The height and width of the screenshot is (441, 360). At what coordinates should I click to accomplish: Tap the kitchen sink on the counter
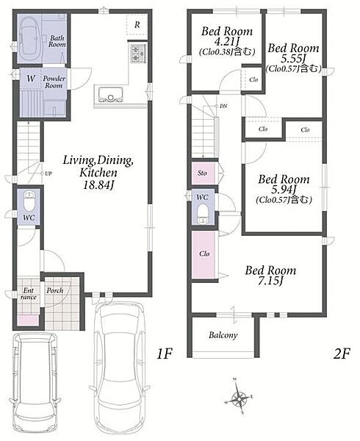pyautogui.click(x=110, y=95)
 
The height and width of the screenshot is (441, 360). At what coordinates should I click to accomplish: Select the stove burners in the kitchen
pyautogui.click(x=135, y=54)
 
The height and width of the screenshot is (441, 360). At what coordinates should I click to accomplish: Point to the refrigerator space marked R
pyautogui.click(x=137, y=25)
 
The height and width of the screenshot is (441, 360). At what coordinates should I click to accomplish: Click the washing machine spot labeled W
pyautogui.click(x=31, y=79)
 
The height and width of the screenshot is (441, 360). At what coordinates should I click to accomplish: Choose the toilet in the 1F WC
pyautogui.click(x=29, y=201)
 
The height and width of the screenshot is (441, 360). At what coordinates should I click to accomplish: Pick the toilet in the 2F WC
pyautogui.click(x=202, y=213)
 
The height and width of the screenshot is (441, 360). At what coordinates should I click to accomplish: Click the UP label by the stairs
pyautogui.click(x=48, y=173)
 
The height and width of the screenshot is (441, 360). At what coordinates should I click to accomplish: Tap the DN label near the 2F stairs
pyautogui.click(x=223, y=106)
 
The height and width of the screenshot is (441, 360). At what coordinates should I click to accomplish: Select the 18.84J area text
pyautogui.click(x=98, y=184)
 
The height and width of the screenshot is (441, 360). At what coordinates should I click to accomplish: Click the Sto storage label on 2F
pyautogui.click(x=202, y=173)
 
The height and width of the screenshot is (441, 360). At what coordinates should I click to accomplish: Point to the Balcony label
pyautogui.click(x=223, y=335)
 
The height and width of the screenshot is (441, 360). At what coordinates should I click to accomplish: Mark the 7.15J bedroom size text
pyautogui.click(x=270, y=281)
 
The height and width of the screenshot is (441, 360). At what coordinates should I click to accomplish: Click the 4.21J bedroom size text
pyautogui.click(x=226, y=42)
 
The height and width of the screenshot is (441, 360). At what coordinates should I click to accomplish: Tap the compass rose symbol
pyautogui.click(x=239, y=398)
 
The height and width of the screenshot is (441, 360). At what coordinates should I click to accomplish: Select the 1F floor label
pyautogui.click(x=164, y=354)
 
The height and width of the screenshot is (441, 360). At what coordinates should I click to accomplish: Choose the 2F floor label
pyautogui.click(x=342, y=354)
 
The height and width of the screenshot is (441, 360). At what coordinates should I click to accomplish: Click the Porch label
pyautogui.click(x=55, y=290)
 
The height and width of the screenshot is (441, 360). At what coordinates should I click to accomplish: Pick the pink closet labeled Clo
pyautogui.click(x=204, y=254)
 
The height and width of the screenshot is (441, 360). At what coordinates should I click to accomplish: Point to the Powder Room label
pyautogui.click(x=54, y=82)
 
